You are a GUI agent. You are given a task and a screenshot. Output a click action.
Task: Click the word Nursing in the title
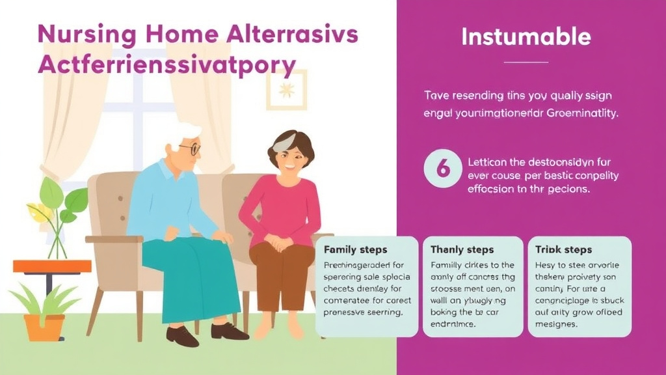click(x=77, y=35)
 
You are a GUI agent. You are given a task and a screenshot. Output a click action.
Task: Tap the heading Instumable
click(x=526, y=36)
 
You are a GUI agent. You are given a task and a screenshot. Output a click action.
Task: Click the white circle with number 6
click(x=442, y=169)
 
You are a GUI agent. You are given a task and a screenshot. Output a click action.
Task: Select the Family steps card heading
click(x=355, y=249)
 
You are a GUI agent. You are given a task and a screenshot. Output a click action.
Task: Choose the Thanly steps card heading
click(x=462, y=249)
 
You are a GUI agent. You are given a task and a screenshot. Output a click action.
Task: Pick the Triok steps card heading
click(x=563, y=249)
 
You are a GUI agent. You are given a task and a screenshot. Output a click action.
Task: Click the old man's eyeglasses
click(x=189, y=148)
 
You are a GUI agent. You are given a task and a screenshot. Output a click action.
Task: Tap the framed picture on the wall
click(x=286, y=89)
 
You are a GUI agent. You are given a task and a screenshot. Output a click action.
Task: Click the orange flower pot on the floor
click(x=45, y=327)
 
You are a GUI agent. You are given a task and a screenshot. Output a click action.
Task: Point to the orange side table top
click(x=52, y=266)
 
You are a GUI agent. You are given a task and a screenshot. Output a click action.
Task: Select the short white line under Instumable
click(x=526, y=62)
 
